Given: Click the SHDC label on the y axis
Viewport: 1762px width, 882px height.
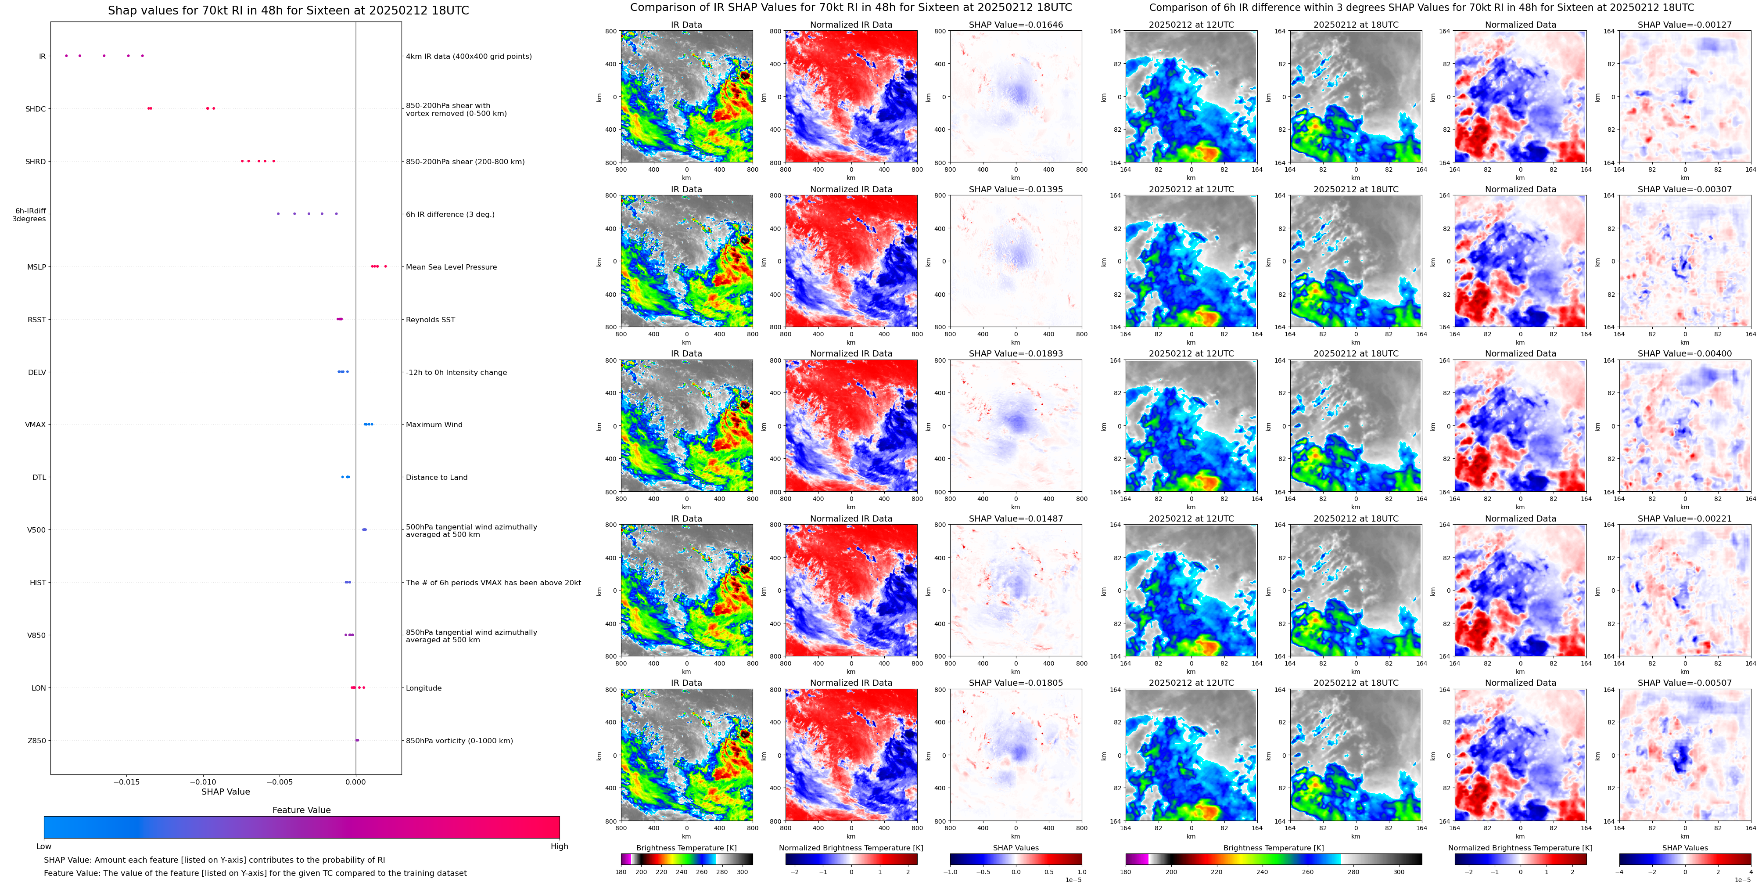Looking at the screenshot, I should coord(36,109).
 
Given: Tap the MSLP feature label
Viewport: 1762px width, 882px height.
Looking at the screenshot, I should coord(36,267).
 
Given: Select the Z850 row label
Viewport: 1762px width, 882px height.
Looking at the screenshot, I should coord(36,740).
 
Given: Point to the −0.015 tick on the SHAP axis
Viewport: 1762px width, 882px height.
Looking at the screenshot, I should coord(126,781).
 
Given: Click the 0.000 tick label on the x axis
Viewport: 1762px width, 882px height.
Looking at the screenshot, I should coord(355,781).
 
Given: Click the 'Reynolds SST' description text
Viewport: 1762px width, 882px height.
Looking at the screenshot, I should coord(430,320).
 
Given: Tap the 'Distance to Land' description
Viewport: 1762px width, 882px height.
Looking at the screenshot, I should coord(436,478).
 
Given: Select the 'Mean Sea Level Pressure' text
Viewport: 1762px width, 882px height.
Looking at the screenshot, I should coord(451,267).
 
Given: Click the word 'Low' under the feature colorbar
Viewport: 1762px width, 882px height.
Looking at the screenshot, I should coord(44,846).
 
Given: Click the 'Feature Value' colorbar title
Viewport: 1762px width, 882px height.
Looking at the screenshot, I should coord(301,810).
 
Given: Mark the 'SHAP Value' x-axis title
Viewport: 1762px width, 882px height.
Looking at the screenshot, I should coord(226,792).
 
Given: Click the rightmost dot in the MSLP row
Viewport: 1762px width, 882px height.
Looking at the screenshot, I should coord(385,266).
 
